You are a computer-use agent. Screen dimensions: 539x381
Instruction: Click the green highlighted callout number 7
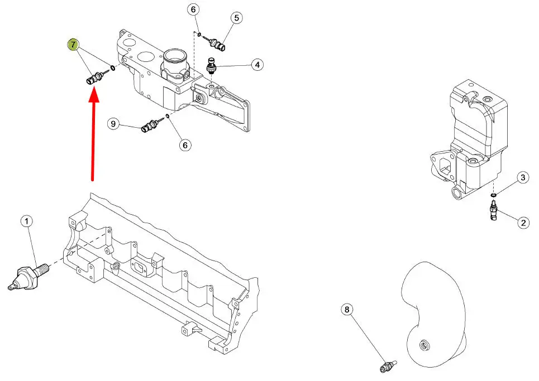point(73,45)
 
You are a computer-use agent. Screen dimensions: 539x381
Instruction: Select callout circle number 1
point(27,221)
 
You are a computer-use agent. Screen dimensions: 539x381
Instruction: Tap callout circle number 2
point(523,223)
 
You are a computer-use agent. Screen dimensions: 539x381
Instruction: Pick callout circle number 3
point(523,177)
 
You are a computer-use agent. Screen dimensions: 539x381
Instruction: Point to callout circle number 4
point(257,65)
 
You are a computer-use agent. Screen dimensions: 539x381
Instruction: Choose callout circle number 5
point(236,18)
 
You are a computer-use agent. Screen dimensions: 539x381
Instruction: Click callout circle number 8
point(347,310)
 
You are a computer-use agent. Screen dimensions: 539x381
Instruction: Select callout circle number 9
point(113,124)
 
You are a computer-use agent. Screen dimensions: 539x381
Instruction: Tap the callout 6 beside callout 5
point(193,9)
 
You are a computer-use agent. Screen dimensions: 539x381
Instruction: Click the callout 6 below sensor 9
point(185,145)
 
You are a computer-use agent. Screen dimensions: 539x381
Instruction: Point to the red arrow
point(93,134)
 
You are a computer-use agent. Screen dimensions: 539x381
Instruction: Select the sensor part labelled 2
point(493,212)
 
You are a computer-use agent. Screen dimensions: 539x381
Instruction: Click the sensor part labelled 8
point(388,366)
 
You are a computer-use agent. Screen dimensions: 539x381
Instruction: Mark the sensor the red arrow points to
point(95,77)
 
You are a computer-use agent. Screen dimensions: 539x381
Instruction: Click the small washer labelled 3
point(493,195)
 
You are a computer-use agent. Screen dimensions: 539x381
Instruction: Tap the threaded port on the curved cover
point(424,345)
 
